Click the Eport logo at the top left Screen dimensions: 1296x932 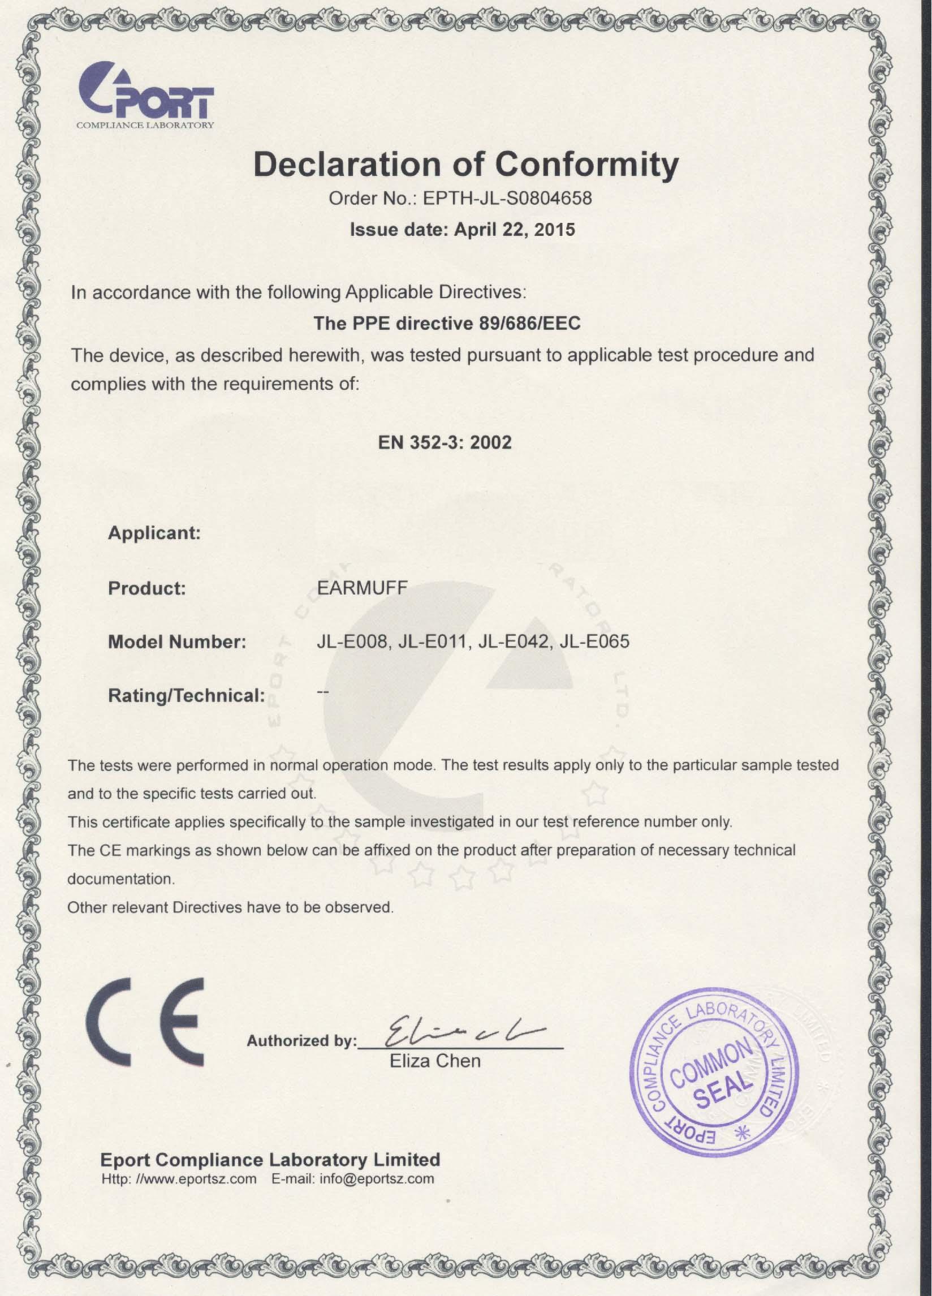[x=146, y=95]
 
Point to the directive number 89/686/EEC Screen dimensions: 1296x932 [x=527, y=324]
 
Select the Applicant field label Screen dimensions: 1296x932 [x=154, y=533]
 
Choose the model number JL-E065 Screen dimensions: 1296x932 [x=595, y=641]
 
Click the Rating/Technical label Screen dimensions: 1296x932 [x=185, y=695]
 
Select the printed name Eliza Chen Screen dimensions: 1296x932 [x=435, y=1061]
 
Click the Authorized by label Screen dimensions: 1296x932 [x=301, y=1041]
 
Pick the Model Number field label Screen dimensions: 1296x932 [x=176, y=641]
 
